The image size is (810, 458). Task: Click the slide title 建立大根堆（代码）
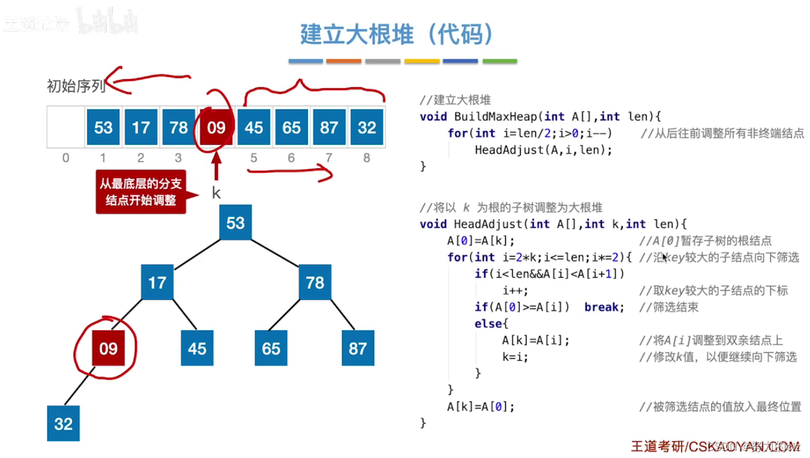[x=397, y=35]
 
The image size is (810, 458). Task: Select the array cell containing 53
[x=103, y=127]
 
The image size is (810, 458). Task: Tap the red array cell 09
[x=216, y=127]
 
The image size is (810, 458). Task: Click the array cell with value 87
[x=329, y=127]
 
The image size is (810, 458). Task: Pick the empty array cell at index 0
[x=66, y=127]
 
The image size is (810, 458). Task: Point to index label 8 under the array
[x=366, y=158]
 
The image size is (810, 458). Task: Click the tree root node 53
[x=235, y=223]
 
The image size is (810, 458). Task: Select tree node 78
[x=314, y=282]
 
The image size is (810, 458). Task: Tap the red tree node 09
[x=108, y=349]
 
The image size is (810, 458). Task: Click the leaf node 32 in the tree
[x=63, y=424]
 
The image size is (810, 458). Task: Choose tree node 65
[x=271, y=349]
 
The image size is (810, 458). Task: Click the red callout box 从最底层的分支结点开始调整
[x=141, y=192]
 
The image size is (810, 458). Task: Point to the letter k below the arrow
[x=216, y=194]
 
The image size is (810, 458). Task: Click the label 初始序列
[x=76, y=87]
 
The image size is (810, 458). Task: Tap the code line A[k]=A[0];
[x=480, y=407]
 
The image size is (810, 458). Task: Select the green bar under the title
[x=500, y=61]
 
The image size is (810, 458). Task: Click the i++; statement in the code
[x=515, y=291]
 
